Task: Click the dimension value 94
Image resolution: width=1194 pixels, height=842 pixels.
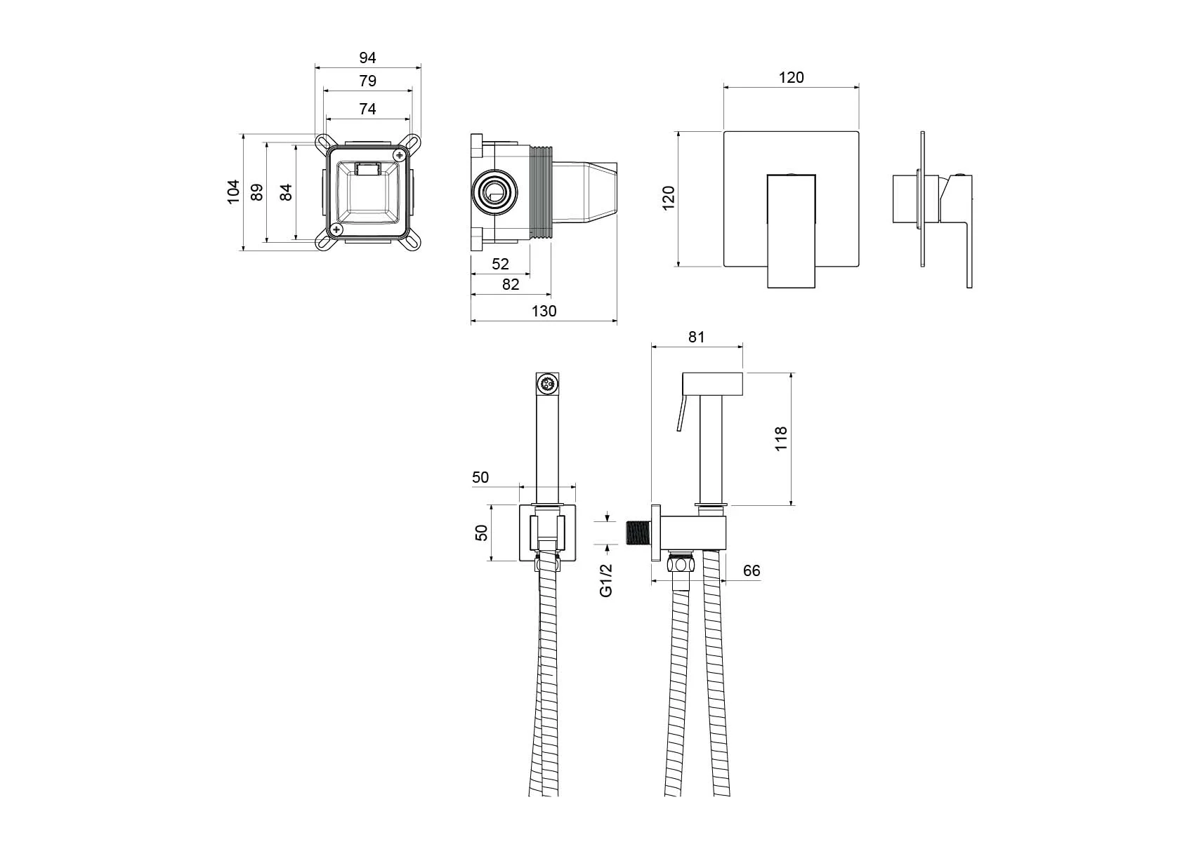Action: [x=367, y=58]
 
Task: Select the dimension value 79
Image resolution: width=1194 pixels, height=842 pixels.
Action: [x=367, y=81]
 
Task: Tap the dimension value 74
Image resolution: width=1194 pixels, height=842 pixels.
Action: [x=367, y=109]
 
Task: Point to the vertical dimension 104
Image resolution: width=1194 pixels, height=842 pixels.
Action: [x=233, y=191]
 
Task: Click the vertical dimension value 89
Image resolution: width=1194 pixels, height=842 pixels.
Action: [x=257, y=192]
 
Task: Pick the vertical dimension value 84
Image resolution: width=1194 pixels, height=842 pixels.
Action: [x=286, y=192]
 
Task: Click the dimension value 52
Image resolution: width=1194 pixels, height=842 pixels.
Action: [x=500, y=264]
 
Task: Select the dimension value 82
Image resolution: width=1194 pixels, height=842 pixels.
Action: [x=511, y=284]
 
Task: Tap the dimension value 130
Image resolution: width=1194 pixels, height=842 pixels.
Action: [x=544, y=311]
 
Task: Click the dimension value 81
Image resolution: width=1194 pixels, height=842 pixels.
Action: [x=696, y=337]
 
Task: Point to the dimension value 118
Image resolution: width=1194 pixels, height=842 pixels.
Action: [x=781, y=439]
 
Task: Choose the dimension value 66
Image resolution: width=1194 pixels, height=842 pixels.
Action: [x=752, y=570]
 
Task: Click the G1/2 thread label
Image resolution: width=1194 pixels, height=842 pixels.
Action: [x=606, y=580]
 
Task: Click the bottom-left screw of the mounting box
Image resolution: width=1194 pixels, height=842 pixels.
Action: [x=337, y=229]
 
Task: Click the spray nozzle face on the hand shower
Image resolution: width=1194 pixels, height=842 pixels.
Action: [x=548, y=384]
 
